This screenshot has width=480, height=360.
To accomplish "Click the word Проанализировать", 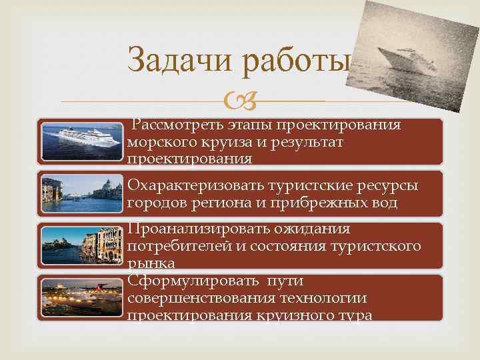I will [x=198, y=229].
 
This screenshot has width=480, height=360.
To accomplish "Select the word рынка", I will [x=151, y=263].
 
